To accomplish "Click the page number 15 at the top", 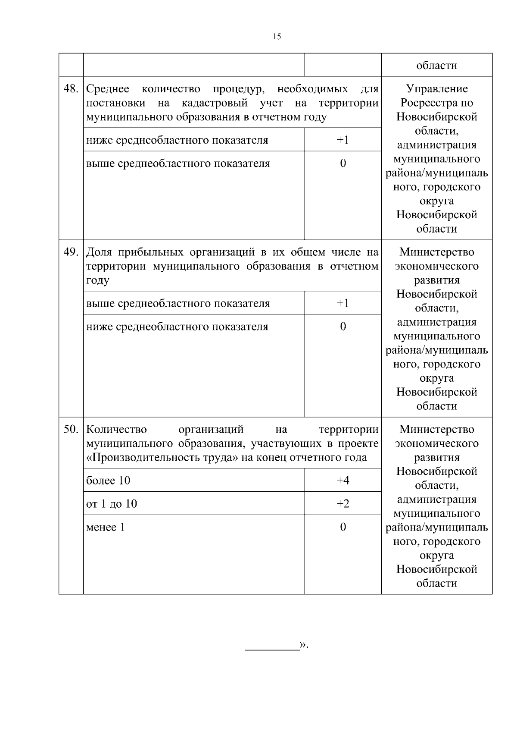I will tap(277, 37).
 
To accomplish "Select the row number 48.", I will tap(71, 89).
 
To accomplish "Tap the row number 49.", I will tap(71, 252).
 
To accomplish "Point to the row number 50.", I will tap(71, 429).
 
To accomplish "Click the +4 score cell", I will tap(343, 481).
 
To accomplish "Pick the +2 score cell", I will tap(343, 504).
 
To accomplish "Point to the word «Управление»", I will tap(436, 89).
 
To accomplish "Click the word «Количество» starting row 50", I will tap(116, 429).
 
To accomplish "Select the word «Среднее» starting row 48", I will tap(108, 89).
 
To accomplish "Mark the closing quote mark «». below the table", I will tap(304, 645).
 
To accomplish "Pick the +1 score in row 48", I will tap(343, 140).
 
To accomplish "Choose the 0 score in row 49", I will tap(343, 327).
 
